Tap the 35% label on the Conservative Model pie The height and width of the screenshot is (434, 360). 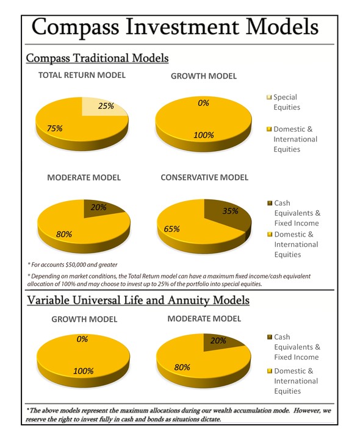(x=230, y=211)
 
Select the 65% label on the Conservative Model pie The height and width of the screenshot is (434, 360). (x=171, y=229)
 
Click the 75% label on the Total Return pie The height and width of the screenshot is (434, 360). (x=54, y=129)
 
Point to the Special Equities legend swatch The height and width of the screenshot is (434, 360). (x=269, y=97)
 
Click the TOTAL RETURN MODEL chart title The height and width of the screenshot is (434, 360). (x=82, y=76)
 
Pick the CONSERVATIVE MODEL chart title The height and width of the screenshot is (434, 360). (x=204, y=177)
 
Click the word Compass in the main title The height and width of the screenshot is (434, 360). (x=76, y=27)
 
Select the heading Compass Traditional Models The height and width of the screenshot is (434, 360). (x=97, y=58)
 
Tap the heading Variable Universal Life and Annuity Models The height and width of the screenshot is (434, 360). (x=139, y=301)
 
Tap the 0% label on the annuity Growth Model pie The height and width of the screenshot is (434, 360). (x=82, y=339)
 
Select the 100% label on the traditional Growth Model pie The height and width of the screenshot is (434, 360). (x=204, y=135)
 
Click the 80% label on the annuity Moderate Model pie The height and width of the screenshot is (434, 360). (x=182, y=368)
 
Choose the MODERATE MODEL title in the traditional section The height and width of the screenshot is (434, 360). (x=84, y=177)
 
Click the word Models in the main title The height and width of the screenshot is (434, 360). (x=283, y=27)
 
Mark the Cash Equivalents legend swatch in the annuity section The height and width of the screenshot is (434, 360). (x=270, y=337)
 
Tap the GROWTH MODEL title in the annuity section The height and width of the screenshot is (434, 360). (x=85, y=319)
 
